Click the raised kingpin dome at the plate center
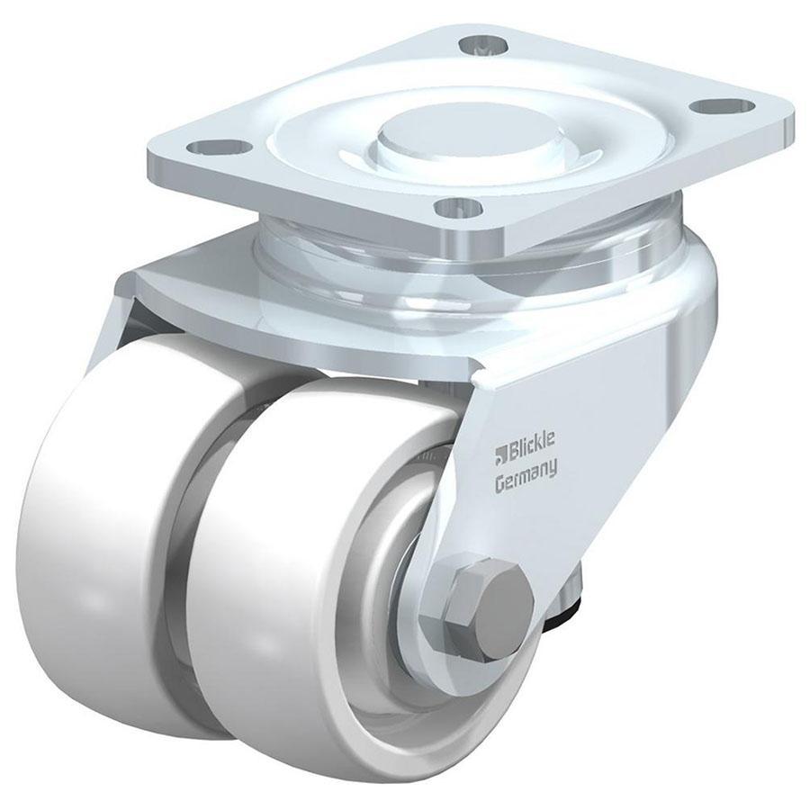point(462,135)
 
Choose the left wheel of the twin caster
point(108,522)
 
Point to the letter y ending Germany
point(553,468)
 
